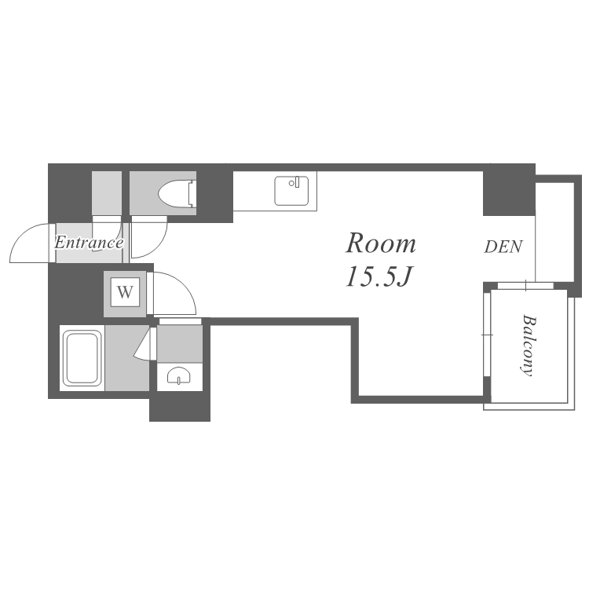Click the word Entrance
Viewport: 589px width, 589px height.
89,243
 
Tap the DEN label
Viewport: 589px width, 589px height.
503,247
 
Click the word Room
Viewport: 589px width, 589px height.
381,243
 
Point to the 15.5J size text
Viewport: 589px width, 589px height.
379,276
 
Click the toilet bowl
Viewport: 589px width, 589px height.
174,193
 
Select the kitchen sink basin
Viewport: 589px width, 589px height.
291,191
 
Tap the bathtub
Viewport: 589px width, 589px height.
82,358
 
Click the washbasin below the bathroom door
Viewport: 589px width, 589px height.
179,375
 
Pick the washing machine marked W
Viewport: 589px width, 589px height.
125,293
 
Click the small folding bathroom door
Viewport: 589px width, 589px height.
145,344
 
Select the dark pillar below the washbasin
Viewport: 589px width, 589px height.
180,406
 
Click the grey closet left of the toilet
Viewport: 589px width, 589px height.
107,193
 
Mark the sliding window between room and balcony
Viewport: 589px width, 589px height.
487,334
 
